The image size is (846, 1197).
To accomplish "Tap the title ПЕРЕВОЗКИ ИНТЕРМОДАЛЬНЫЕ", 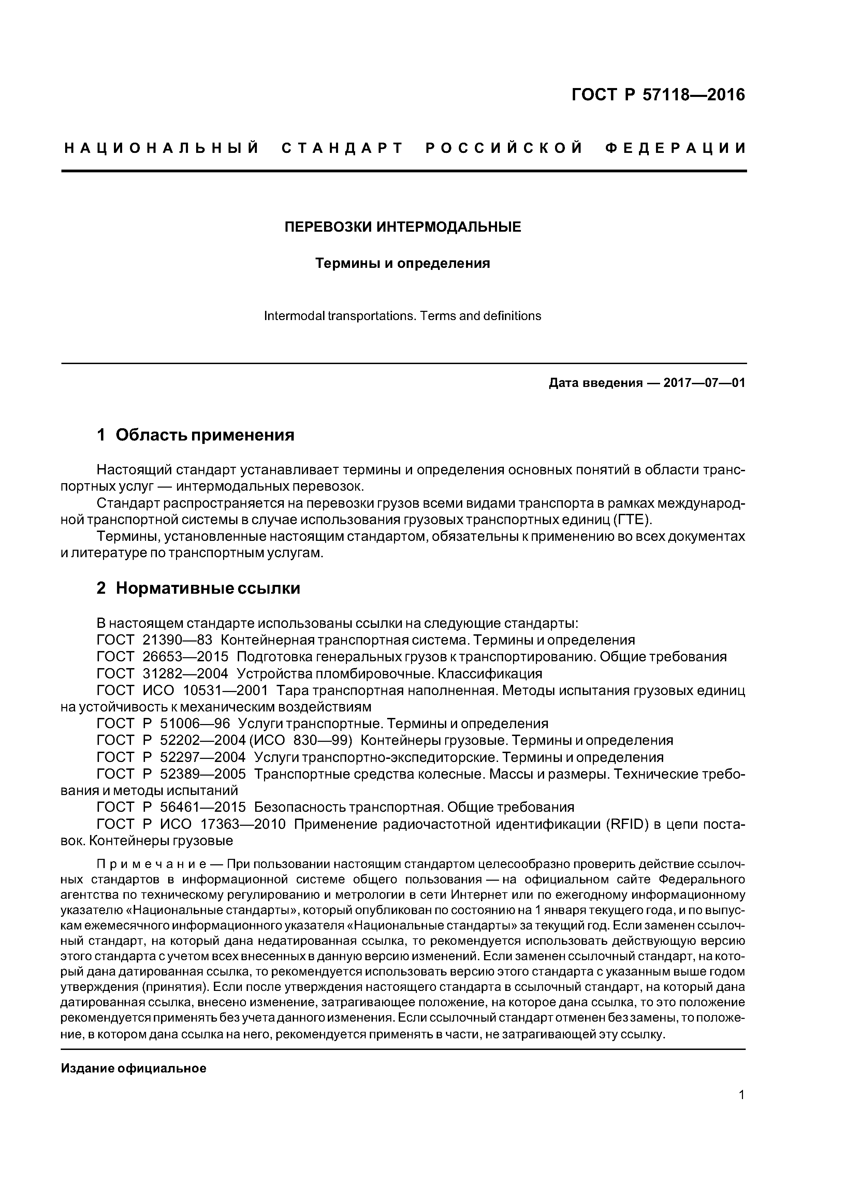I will [x=403, y=227].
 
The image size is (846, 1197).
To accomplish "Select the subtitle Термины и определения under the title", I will [x=403, y=263].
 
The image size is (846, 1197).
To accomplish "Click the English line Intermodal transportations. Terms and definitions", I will [x=403, y=316].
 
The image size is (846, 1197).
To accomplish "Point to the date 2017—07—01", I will [x=704, y=383].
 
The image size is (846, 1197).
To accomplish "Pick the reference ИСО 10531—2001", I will [x=205, y=690].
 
